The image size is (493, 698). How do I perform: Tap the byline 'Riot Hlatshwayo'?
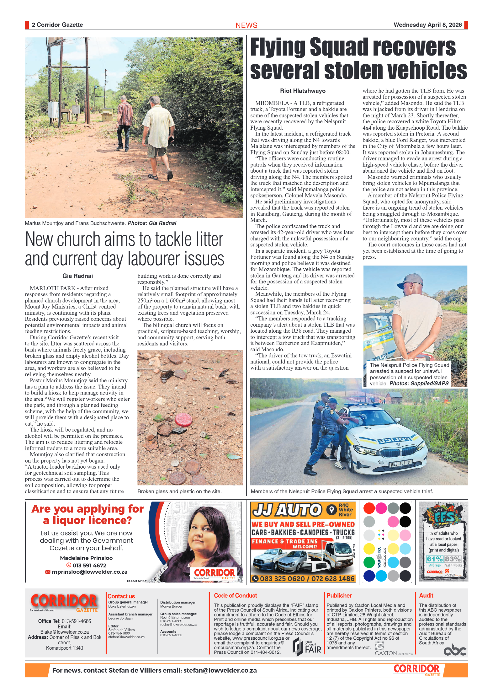(x=303, y=91)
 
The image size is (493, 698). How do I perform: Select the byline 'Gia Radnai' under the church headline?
(x=77, y=276)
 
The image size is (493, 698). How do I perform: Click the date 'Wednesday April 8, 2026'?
(x=427, y=25)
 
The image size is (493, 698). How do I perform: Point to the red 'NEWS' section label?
(x=246, y=25)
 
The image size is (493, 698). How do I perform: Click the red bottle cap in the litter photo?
(x=183, y=419)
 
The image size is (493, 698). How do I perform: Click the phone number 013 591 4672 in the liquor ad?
(x=89, y=565)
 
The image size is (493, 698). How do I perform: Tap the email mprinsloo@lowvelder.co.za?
(x=89, y=572)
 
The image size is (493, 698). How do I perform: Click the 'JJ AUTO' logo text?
(x=287, y=510)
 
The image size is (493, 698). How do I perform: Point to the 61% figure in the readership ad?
(x=435, y=559)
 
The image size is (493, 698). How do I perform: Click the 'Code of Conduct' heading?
(x=235, y=596)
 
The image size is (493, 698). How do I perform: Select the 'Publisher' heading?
(x=339, y=596)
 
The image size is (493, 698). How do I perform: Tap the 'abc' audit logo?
(x=455, y=650)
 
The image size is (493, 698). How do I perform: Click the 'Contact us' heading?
(x=121, y=596)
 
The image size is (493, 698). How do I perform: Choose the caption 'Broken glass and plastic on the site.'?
(x=179, y=491)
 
